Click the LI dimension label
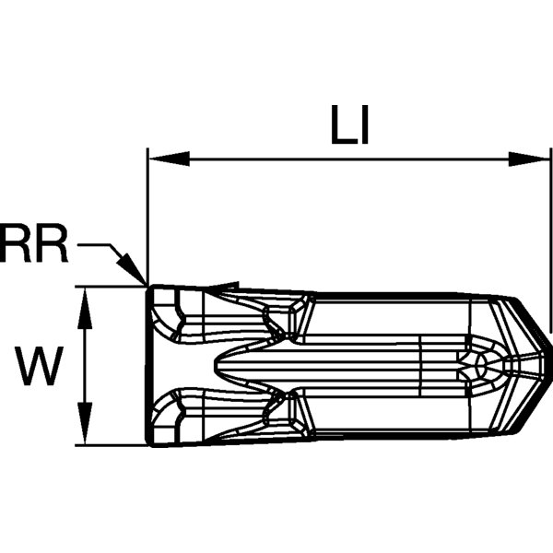[x=349, y=124]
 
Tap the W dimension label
[x=39, y=365]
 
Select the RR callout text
[x=33, y=243]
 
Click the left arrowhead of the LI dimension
[x=170, y=159]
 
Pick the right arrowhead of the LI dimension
[x=529, y=159]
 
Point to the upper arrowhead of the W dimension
[x=85, y=309]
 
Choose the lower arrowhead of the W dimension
[x=85, y=423]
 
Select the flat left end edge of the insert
[x=147, y=365]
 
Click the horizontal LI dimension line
[x=349, y=159]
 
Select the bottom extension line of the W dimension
[x=112, y=445]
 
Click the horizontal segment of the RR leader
[x=94, y=244]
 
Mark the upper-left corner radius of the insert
[x=149, y=288]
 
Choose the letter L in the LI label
[x=343, y=124]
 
